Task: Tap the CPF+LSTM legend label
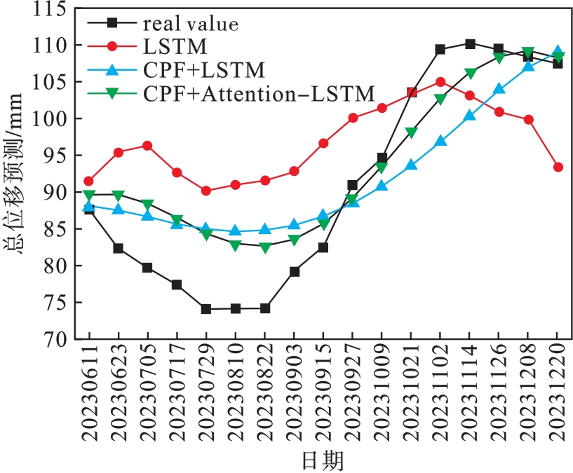tap(203, 69)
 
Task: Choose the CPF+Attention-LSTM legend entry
tap(259, 92)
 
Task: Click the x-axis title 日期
tap(323, 460)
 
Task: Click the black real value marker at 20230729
tap(206, 309)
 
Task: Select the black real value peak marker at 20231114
tap(470, 44)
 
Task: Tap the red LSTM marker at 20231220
tap(558, 167)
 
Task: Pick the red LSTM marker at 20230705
tap(147, 146)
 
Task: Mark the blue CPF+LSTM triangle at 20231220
tap(558, 52)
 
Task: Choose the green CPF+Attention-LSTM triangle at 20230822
tap(265, 247)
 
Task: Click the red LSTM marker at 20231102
tap(440, 82)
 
